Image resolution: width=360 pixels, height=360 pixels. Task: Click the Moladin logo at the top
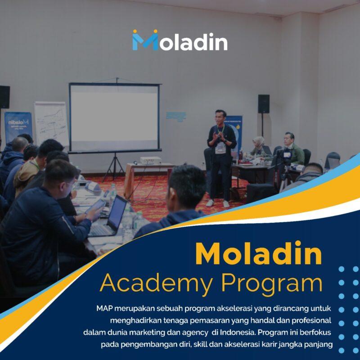pos(180,40)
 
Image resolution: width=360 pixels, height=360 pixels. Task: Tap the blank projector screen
pos(114,117)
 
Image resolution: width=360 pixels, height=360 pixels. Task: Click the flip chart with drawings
pos(51,123)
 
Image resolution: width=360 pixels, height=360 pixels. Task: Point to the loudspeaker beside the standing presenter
pos(264,104)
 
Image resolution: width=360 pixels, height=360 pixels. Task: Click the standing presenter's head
pos(220,117)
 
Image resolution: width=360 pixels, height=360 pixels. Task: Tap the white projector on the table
pos(150,160)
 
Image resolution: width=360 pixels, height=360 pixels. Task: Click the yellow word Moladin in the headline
pos(259,254)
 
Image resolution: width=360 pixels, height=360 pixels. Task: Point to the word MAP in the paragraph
pos(104,309)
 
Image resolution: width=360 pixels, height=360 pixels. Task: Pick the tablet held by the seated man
pos(95,207)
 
